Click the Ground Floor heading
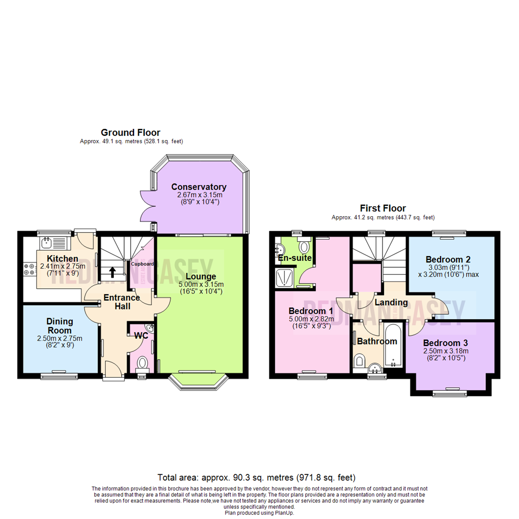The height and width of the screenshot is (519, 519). point(130,132)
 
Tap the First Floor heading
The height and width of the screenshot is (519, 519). point(383,208)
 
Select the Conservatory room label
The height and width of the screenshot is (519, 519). point(198,187)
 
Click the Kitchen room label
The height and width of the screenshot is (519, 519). point(59,259)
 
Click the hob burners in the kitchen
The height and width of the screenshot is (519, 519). point(29,269)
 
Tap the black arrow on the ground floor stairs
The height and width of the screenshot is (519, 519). point(112,272)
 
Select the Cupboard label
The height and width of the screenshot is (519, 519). point(143,264)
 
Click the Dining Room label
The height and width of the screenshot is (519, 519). point(59,325)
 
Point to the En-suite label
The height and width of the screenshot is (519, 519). point(295,259)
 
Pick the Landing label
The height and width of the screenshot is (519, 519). point(391,302)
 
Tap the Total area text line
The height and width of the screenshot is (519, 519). point(257,478)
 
